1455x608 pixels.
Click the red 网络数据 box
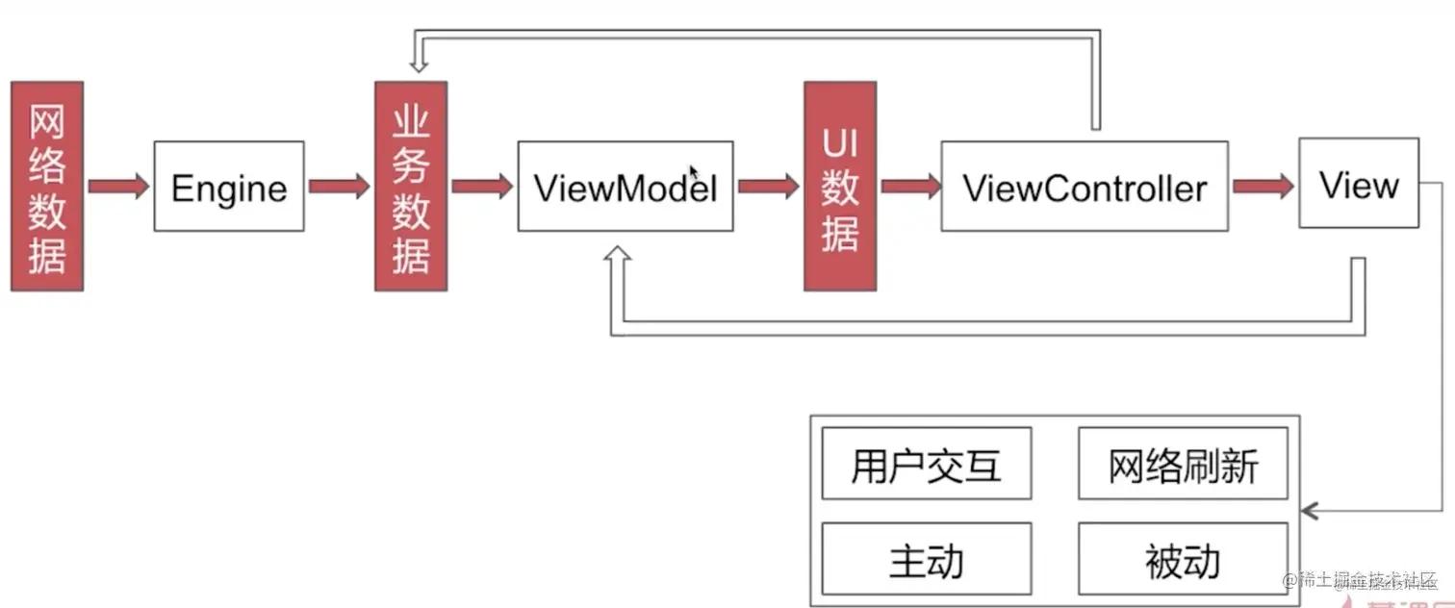point(47,186)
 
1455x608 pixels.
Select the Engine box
point(229,187)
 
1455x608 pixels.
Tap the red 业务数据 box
point(411,186)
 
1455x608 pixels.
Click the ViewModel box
point(625,187)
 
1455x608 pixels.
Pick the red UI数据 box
point(840,186)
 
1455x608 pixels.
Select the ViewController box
point(1084,187)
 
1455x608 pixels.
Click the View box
point(1358,184)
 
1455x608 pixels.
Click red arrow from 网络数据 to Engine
point(118,186)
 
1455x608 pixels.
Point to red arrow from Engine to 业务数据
point(339,186)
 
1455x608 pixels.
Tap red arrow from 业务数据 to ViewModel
point(482,186)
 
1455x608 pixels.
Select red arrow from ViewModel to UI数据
point(768,186)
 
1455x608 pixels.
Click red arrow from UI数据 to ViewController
point(908,186)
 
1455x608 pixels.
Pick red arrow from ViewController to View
point(1263,186)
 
